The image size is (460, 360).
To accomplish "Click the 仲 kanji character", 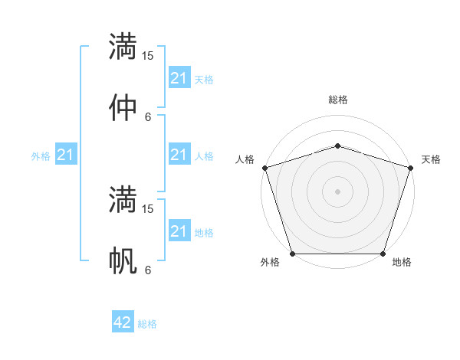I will click(x=123, y=107).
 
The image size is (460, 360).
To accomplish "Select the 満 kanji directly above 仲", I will click(x=123, y=46).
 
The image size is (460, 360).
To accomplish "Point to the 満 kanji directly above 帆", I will click(x=123, y=199).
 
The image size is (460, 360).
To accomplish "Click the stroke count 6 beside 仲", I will click(x=148, y=117).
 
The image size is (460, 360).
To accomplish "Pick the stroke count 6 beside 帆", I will click(x=148, y=270).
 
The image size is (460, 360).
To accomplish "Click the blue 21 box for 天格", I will click(x=179, y=78).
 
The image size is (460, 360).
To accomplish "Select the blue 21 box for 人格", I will click(x=179, y=155).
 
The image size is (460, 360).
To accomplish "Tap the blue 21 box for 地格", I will click(x=179, y=231).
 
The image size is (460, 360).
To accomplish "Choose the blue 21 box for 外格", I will click(x=66, y=155).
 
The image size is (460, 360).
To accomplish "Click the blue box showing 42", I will click(x=123, y=322).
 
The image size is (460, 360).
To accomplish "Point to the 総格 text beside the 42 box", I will click(x=147, y=324).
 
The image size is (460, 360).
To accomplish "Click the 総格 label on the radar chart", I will click(x=337, y=100).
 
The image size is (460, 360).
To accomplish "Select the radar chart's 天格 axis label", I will click(x=431, y=159).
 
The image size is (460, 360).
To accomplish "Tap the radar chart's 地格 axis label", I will click(x=402, y=262).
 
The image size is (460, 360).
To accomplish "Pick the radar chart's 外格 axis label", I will click(x=270, y=262).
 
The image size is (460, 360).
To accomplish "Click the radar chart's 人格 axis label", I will click(x=245, y=159).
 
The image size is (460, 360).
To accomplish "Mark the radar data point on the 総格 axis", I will click(x=337, y=146).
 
